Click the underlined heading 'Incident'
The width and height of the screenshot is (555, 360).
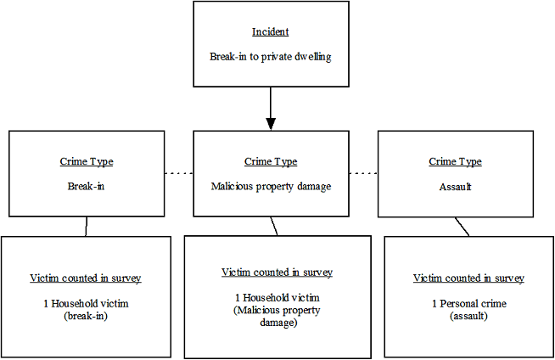point(271,32)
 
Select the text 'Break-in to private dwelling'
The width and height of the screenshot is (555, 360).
point(271,57)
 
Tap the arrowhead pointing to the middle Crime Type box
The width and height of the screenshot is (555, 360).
point(271,123)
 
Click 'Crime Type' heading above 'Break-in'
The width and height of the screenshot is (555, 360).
point(87,162)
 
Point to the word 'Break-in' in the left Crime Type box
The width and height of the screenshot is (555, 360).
point(87,185)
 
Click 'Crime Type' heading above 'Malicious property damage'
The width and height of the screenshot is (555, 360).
point(271,162)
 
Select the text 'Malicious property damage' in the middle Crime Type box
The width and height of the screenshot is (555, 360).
point(271,185)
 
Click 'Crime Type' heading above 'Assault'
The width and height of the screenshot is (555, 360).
point(455,162)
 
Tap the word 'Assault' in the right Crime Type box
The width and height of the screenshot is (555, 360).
point(455,185)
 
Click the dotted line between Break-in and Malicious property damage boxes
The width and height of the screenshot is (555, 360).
point(179,173)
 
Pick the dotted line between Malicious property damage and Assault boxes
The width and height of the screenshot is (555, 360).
point(363,173)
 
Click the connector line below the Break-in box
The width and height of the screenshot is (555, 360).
point(87,226)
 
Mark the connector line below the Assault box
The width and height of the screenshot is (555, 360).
point(462,226)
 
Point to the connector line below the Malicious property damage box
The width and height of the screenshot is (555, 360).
point(274,225)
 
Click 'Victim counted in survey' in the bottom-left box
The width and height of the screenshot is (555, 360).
point(85,278)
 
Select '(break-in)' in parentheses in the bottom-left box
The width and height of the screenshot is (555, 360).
point(85,315)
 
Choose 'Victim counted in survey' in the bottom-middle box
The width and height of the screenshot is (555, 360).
point(277,273)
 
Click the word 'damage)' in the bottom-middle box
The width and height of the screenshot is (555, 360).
point(277,323)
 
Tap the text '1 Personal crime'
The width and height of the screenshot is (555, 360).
point(468,303)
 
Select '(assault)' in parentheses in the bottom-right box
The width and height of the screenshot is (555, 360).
point(468,315)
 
